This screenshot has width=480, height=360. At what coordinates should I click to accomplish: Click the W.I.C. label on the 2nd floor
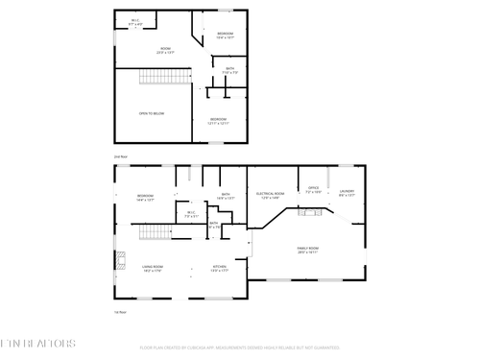[x=135, y=22]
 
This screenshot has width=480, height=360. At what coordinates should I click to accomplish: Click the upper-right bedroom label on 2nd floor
[x=226, y=36]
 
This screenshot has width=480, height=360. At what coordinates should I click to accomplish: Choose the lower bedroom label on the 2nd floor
[x=219, y=121]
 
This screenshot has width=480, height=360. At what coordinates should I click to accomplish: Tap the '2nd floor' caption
[x=121, y=156]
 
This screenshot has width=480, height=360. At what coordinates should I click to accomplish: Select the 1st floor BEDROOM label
[x=145, y=199]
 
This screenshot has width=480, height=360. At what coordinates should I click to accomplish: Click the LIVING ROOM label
[x=152, y=270]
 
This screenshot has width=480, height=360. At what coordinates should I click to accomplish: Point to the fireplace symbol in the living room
[x=120, y=257]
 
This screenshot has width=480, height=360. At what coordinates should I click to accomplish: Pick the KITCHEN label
[x=219, y=270]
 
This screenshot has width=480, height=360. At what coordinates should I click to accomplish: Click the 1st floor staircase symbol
[x=155, y=232]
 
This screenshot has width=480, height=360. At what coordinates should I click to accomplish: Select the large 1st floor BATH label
[x=226, y=197]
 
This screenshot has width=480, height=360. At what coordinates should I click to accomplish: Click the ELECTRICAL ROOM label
[x=269, y=195]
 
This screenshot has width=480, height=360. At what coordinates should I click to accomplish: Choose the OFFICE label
[x=313, y=190]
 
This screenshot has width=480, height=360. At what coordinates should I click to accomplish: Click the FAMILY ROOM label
[x=307, y=250]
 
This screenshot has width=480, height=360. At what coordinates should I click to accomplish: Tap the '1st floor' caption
[x=121, y=312]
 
